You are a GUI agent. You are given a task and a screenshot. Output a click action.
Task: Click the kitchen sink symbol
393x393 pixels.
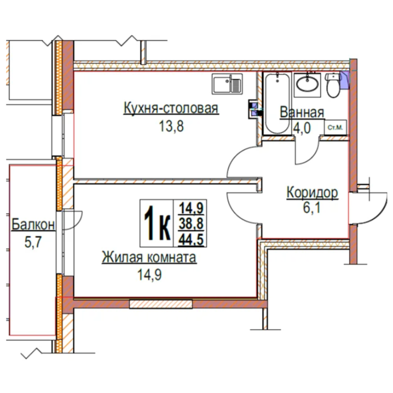227,84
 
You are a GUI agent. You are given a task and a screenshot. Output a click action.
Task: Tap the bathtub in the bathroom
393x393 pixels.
277,104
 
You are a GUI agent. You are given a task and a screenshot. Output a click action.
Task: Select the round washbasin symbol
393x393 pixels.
308,84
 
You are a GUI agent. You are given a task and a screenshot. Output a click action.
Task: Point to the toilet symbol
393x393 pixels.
333,85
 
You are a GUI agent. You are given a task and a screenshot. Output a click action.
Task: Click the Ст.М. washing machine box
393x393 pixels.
336,128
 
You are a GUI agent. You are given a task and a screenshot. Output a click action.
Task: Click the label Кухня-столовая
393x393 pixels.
171,108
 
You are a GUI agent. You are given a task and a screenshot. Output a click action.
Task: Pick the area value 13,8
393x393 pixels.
171,126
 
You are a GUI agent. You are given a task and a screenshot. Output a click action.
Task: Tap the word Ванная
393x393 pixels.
302,112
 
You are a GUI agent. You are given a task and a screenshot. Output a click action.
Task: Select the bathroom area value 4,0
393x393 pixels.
302,128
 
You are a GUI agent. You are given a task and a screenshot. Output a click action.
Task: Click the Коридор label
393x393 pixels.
312,193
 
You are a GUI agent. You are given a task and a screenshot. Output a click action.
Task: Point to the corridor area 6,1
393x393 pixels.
312,207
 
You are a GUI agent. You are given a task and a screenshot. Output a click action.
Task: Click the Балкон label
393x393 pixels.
33,225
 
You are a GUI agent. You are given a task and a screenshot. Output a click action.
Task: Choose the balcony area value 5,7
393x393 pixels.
33,242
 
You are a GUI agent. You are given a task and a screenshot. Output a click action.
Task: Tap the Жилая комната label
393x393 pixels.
149,257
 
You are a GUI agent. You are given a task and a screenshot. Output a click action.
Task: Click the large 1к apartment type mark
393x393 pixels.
157,223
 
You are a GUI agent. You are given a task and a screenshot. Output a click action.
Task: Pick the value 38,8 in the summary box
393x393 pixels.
191,224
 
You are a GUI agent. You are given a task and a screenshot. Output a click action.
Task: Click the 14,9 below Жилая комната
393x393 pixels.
149,275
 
